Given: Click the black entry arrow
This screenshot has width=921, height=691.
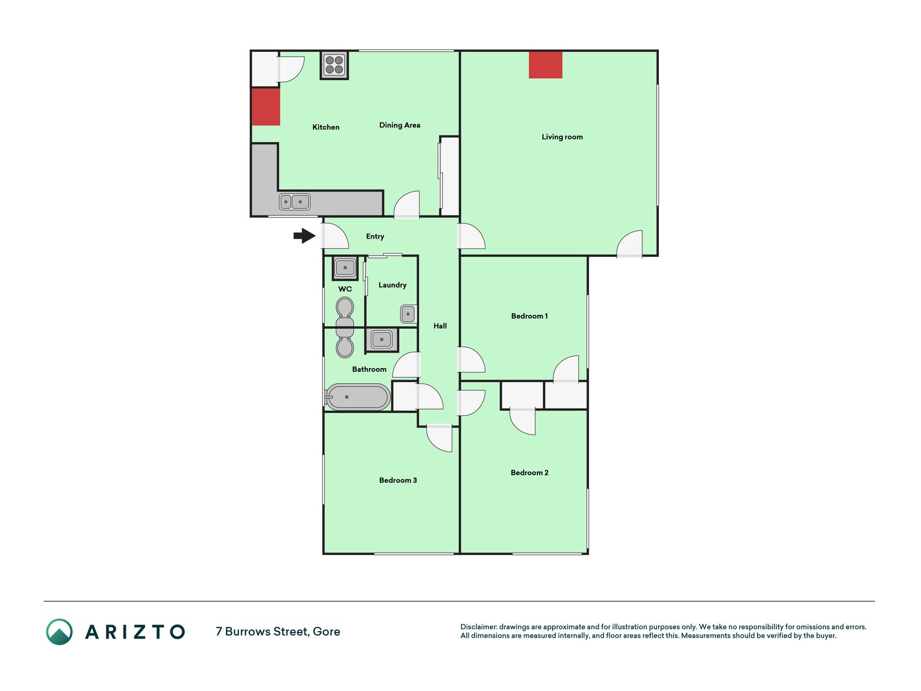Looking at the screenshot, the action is (x=304, y=236).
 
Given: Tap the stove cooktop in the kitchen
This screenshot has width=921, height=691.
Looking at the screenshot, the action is (x=335, y=65).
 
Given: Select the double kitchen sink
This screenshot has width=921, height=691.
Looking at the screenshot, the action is (x=295, y=202).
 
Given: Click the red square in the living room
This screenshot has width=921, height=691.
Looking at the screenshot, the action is (x=545, y=65).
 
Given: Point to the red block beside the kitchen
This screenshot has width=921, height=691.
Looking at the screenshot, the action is (x=266, y=107).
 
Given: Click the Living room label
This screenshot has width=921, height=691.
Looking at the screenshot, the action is (x=562, y=137).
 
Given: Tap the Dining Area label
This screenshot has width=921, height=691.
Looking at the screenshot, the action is (x=400, y=125).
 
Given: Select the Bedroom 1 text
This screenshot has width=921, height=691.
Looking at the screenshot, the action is (x=529, y=316).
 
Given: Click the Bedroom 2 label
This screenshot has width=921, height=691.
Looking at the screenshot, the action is (x=529, y=473).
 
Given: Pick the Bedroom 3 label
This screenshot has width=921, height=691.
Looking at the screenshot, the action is (x=398, y=480).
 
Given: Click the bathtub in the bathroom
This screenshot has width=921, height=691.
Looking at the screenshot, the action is (x=358, y=397).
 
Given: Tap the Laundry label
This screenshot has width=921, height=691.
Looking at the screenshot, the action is (x=392, y=285).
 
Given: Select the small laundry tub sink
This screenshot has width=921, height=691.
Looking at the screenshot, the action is (x=408, y=314).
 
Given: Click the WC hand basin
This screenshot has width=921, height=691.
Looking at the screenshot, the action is (x=345, y=267).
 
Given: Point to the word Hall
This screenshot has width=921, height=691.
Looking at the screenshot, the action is (x=440, y=326).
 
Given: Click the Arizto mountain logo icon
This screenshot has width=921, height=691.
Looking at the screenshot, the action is (x=59, y=632).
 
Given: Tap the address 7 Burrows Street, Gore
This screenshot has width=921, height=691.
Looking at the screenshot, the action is (x=278, y=632).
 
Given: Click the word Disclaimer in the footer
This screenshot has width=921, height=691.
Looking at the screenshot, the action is (x=478, y=627).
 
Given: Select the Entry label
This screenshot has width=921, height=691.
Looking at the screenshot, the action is (x=375, y=236).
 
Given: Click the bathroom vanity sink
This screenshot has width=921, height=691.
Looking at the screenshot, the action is (x=382, y=340).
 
